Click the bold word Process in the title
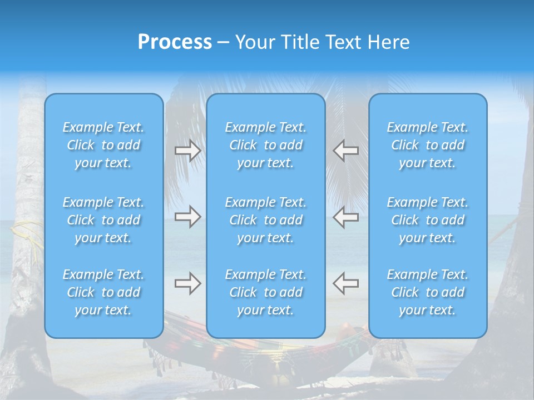tap(175, 42)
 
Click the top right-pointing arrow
tap(188, 151)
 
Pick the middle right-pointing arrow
tap(188, 217)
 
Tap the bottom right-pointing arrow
tap(188, 283)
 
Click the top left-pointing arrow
tap(345, 151)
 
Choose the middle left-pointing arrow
tap(345, 217)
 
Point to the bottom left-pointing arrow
tap(345, 283)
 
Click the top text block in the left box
tap(103, 145)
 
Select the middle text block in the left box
tap(103, 220)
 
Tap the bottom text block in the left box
tap(103, 292)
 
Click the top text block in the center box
tap(266, 145)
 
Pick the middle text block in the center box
tap(266, 220)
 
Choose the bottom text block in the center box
tap(266, 292)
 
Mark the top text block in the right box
tap(428, 145)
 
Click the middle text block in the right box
tap(428, 220)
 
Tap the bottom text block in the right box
tap(428, 292)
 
